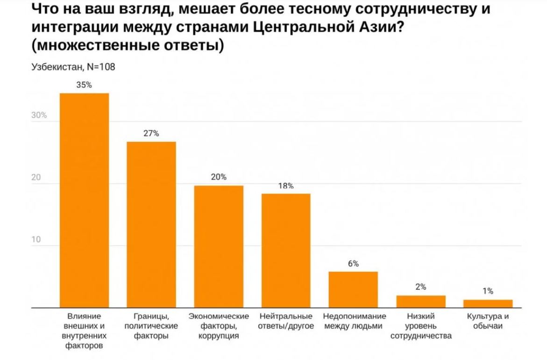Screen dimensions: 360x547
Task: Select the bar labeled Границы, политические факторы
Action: tap(151, 224)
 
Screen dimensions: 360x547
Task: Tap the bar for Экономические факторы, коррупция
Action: tap(219, 246)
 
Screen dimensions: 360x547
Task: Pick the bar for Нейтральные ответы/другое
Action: tap(286, 251)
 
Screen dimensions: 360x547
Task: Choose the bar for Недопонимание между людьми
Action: tap(353, 289)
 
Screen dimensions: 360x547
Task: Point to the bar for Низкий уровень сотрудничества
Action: tap(421, 302)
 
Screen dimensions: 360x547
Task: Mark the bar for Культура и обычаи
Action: tap(488, 303)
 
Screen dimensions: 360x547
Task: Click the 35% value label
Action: tap(85, 85)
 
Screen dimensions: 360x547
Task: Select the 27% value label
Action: tap(151, 133)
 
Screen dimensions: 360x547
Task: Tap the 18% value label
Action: tap(286, 186)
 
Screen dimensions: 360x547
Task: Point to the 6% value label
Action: tap(353, 264)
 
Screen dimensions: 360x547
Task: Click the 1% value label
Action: tap(488, 291)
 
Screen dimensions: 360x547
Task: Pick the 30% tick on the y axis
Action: tap(39, 115)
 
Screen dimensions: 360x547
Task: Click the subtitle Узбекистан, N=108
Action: tap(73, 67)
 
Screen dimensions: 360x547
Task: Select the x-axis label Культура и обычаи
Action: tap(488, 321)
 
